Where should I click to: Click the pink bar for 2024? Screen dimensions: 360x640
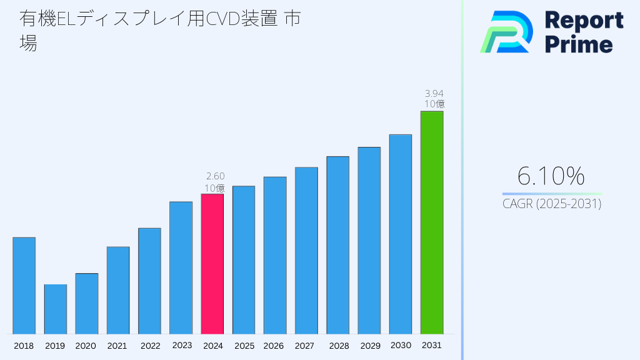point(212,264)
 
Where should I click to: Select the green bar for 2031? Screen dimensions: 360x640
point(432,222)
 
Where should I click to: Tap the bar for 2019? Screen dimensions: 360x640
point(56,309)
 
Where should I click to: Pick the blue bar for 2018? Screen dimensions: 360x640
point(24,286)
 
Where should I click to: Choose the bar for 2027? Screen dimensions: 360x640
point(306,251)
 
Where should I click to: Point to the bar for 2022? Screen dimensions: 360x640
point(149,281)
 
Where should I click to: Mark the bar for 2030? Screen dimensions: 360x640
point(401,234)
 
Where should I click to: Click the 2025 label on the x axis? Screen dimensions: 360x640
point(244,346)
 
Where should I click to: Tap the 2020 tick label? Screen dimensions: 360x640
point(86,346)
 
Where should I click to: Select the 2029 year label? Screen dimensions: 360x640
point(369,346)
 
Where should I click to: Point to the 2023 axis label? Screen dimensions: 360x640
point(182,345)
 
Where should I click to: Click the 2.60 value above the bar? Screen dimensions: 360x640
point(215,176)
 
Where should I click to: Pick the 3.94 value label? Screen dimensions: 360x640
point(434,93)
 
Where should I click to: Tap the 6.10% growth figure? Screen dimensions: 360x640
point(551,176)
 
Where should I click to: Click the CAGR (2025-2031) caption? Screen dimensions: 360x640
point(552,204)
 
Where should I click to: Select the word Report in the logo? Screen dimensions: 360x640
point(584,20)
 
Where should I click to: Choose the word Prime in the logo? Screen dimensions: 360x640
point(579,44)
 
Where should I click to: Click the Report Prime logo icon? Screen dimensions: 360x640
point(506,32)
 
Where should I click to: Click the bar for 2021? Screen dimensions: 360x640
point(118,290)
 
